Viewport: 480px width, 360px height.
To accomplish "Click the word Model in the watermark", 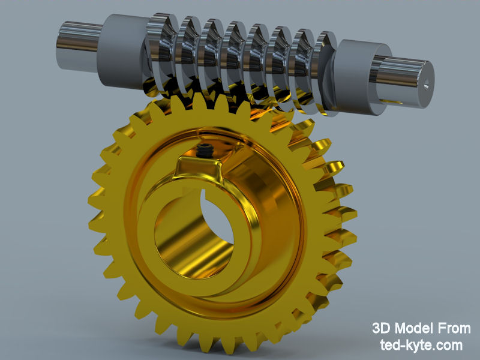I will click(422, 329).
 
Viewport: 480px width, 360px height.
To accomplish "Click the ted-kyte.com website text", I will click(422, 345).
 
